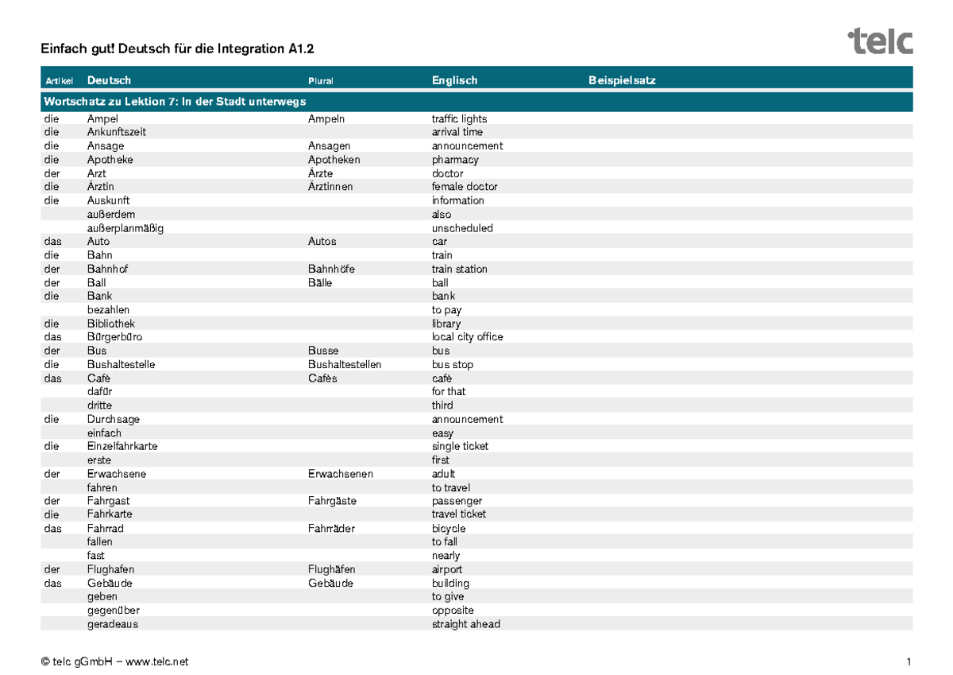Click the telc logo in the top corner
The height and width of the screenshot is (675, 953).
point(880,41)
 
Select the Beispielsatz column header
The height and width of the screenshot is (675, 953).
point(622,80)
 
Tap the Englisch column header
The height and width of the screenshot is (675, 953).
point(454,80)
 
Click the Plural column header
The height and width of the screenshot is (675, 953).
point(321,81)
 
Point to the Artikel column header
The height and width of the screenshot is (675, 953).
point(60,81)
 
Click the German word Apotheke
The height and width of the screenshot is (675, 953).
point(110,160)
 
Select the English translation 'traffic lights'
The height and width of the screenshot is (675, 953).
point(459,119)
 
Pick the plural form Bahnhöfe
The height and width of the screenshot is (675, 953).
point(331,269)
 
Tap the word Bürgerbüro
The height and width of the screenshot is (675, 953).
point(114,337)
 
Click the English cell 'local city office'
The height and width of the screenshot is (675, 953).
point(467,337)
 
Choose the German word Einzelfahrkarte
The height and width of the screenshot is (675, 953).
point(122,446)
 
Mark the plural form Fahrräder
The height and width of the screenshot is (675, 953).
point(331,529)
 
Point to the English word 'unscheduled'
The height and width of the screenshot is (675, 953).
point(462,228)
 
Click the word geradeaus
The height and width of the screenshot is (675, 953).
point(112,624)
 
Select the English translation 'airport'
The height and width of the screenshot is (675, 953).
point(446,569)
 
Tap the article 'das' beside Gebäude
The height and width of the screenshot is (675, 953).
point(53,583)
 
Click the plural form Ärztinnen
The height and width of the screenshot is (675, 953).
point(330,187)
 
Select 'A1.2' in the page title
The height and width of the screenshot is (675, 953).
point(301,49)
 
